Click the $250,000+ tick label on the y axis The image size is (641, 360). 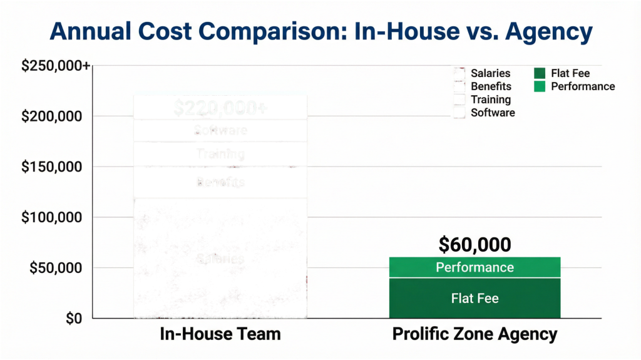pyautogui.click(x=55, y=66)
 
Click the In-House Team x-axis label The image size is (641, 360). pyautogui.click(x=220, y=334)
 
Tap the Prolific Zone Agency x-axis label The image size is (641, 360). pyautogui.click(x=474, y=334)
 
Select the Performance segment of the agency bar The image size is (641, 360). pyautogui.click(x=474, y=267)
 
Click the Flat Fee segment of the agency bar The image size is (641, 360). pyautogui.click(x=474, y=298)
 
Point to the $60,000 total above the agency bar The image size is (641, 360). pyautogui.click(x=474, y=244)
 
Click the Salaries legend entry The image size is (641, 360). pyautogui.click(x=483, y=73)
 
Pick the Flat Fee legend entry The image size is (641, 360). pyautogui.click(x=563, y=73)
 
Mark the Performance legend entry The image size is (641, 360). pyautogui.click(x=575, y=86)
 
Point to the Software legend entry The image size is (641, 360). pyautogui.click(x=485, y=113)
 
